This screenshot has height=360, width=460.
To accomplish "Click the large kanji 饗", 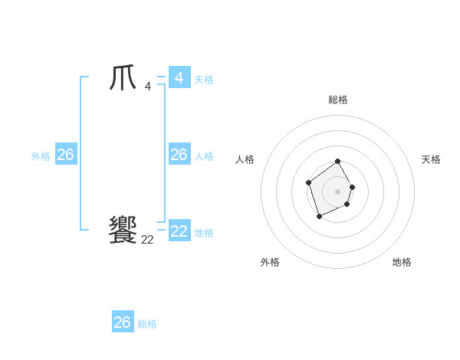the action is click(123, 230).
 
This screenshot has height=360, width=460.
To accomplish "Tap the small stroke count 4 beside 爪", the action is click(147, 87).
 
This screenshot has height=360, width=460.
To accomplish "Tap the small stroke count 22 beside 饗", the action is click(147, 240).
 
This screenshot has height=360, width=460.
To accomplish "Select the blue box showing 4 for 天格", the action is click(179, 78).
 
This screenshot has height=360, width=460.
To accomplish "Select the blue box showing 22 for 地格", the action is click(179, 231).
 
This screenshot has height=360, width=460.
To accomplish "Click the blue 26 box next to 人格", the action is click(179, 155).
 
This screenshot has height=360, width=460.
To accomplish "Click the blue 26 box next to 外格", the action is click(65, 155).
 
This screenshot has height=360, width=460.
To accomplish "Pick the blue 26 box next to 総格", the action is click(123, 322).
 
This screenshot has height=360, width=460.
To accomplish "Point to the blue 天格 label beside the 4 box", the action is click(204, 80).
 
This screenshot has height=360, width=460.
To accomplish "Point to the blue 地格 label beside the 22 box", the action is click(204, 233).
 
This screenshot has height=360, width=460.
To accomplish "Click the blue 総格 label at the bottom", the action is click(147, 324).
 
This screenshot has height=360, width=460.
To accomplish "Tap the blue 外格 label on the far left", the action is click(41, 156).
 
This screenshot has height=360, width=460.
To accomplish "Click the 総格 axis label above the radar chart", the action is click(337, 100).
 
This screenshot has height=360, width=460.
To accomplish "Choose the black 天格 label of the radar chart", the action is click(431, 159).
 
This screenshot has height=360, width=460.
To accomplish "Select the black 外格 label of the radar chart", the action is click(270, 262).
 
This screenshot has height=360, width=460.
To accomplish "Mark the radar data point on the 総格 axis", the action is click(337, 162).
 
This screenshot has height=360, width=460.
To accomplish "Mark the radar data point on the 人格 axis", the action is click(308, 182).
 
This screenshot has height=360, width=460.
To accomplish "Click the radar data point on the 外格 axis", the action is click(319, 217).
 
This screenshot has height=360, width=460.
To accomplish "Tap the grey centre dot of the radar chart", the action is click(337, 191).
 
